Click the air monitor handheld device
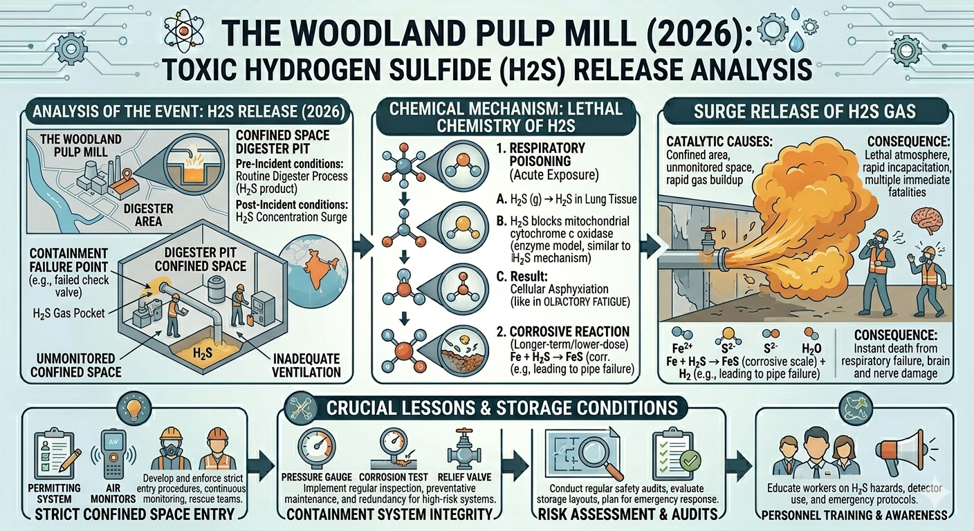point(111,451)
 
